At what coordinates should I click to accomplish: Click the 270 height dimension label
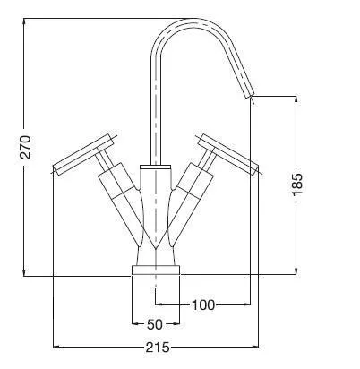pos(25,147)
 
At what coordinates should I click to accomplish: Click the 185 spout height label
pos(297,184)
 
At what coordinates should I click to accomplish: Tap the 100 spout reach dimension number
pos(203,305)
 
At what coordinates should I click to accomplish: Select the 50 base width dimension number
pos(155,324)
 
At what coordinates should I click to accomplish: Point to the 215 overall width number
pos(158,348)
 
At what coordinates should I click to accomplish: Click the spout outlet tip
pos(250,96)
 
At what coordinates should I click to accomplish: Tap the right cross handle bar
pos(229,154)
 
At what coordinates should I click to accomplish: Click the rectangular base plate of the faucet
pos(156,270)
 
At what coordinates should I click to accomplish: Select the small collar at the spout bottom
pos(156,167)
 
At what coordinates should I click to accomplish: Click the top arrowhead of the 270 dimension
pos(24,21)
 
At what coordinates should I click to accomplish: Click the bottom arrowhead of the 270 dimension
pos(24,272)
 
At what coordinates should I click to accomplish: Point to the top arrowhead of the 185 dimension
pos(296,99)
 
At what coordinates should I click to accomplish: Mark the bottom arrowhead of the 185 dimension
pos(296,270)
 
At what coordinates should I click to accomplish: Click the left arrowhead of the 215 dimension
pos(56,347)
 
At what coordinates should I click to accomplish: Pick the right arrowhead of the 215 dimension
pos(254,347)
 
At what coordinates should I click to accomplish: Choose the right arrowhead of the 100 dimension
pos(246,305)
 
